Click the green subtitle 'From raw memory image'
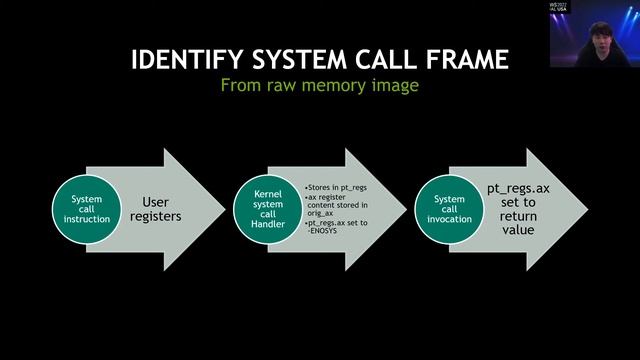click(x=319, y=86)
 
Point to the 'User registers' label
click(x=156, y=208)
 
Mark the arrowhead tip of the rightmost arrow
click(x=587, y=208)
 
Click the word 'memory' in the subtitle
click(x=345, y=87)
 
